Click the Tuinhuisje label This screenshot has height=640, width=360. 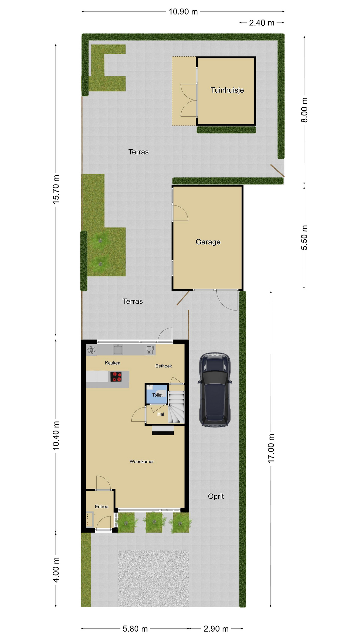[x=227, y=90]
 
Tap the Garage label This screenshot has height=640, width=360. [x=208, y=242]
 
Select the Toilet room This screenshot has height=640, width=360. [x=157, y=394]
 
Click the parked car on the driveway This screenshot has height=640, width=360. [x=215, y=390]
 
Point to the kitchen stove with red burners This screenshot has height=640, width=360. [x=116, y=377]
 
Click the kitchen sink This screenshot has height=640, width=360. [x=118, y=349]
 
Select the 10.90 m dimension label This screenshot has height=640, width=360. [x=183, y=12]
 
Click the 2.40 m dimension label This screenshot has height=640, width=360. [x=262, y=23]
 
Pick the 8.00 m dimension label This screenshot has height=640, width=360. [x=304, y=110]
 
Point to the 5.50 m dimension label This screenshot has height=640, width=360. [x=304, y=238]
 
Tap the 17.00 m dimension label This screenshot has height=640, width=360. [x=271, y=448]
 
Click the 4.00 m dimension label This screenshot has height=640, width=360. [x=56, y=570]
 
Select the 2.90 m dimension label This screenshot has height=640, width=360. [x=216, y=629]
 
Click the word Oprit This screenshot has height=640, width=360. [x=216, y=496]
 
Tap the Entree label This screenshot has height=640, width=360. [x=102, y=506]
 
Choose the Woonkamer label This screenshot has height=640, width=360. [x=142, y=461]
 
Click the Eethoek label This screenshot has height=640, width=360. [x=164, y=366]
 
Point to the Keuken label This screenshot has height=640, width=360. [x=113, y=363]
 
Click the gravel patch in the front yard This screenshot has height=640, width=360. [x=154, y=578]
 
